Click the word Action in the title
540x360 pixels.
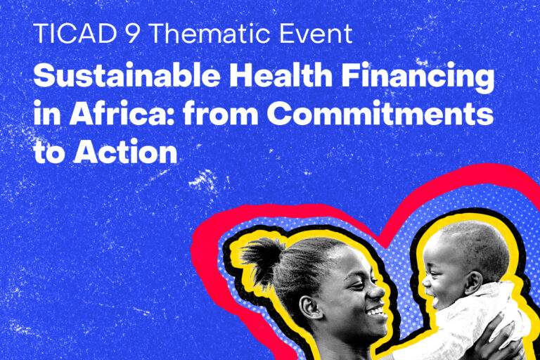pos(125,152)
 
